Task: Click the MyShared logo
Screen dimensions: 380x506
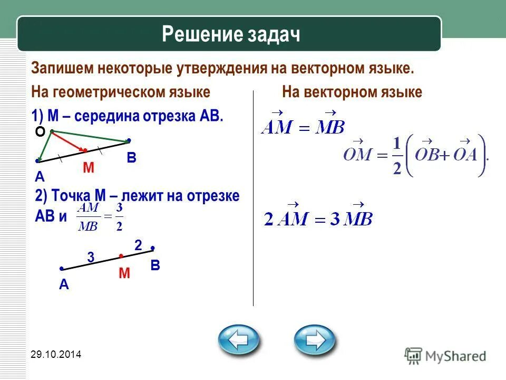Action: point(445,355)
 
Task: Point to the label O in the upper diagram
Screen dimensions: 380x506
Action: point(40,133)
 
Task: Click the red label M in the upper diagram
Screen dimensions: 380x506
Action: point(88,168)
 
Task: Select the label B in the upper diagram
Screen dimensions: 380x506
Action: point(131,158)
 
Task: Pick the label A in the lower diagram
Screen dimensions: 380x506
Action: point(64,284)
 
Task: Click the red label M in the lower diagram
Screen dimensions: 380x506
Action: point(124,273)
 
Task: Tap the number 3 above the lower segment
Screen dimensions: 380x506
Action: point(91,258)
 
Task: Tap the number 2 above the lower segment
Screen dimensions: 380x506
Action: point(138,245)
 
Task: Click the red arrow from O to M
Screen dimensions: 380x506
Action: point(67,140)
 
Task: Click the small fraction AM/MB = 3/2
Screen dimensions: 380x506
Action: point(100,216)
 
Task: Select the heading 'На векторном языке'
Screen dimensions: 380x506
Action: point(352,92)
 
